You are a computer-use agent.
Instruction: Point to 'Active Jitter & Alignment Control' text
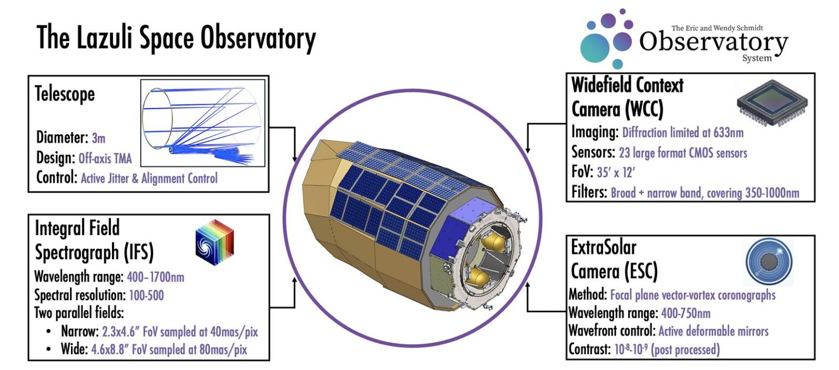(x=149, y=178)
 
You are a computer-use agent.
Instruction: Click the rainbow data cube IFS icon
(x=215, y=238)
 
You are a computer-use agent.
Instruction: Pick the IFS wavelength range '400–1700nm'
(x=155, y=277)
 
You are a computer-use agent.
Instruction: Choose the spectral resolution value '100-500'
(x=146, y=296)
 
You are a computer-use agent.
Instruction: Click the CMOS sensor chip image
(x=771, y=99)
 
